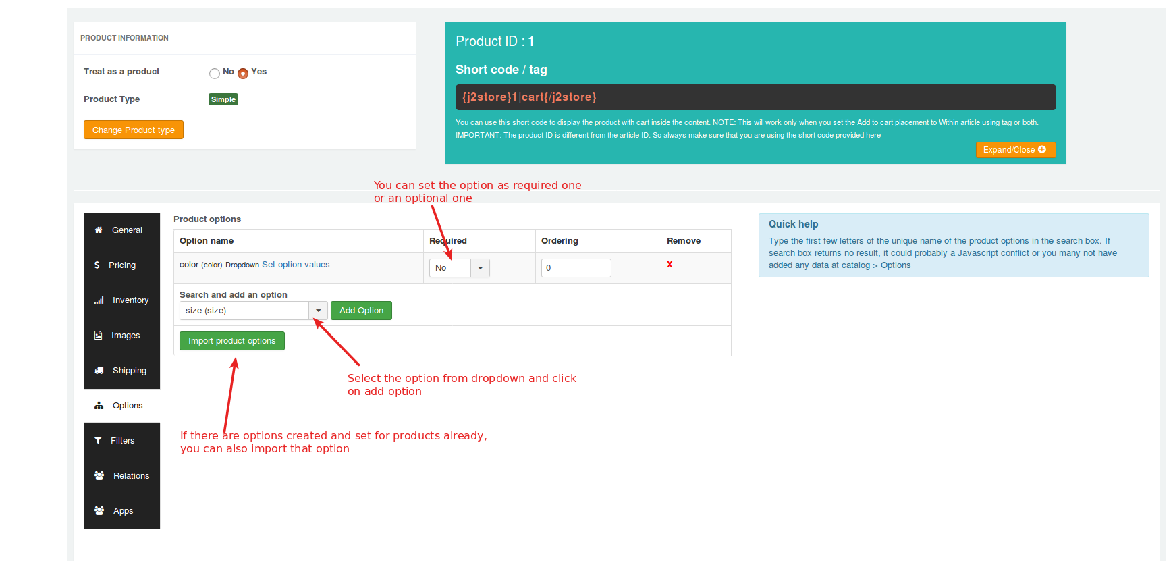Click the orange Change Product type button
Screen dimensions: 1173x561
(134, 130)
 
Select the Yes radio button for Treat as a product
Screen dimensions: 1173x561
(243, 73)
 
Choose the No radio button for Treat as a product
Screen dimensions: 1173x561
(215, 73)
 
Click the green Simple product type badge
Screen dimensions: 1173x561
(223, 99)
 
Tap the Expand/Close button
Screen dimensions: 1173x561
(1015, 150)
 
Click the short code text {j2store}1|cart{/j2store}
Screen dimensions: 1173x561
(529, 97)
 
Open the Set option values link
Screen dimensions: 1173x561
(296, 265)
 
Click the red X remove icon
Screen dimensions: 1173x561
(670, 265)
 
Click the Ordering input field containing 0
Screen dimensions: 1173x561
(576, 268)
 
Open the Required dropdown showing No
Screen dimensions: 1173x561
(460, 268)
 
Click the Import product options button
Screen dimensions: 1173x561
(232, 341)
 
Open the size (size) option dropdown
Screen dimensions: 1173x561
(254, 311)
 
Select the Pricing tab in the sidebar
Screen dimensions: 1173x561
(121, 265)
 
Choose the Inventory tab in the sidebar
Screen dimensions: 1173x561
(121, 300)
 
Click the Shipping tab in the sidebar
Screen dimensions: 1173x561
(121, 371)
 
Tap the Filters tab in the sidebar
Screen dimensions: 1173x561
(121, 441)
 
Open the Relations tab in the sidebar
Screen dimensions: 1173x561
(121, 476)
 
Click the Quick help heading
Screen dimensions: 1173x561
(794, 224)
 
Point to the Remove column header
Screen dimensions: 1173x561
(684, 241)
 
